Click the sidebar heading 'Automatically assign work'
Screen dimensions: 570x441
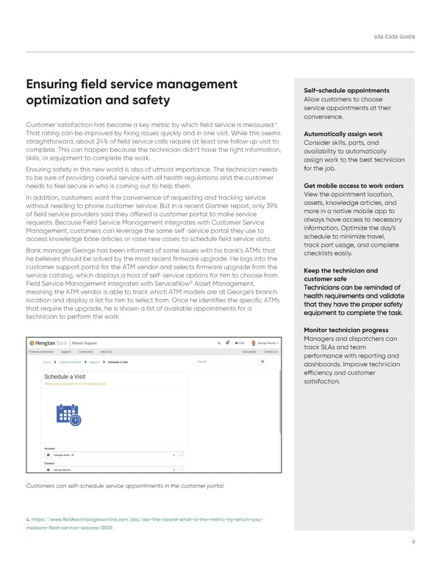pyautogui.click(x=343, y=134)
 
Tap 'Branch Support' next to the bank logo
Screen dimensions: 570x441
pyautogui.click(x=88, y=343)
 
